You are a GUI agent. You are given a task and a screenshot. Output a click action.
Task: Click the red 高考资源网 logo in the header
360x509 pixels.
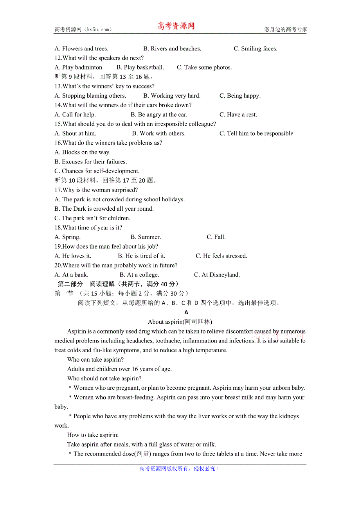(176, 26)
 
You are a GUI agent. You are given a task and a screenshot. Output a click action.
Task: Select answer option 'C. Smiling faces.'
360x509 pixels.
(256, 48)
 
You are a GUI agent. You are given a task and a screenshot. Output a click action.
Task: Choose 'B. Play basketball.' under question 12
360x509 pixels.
(140, 67)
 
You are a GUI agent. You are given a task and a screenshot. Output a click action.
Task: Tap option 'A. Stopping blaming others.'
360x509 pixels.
(90, 95)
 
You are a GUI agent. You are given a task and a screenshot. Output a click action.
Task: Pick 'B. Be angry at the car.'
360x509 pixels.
(159, 115)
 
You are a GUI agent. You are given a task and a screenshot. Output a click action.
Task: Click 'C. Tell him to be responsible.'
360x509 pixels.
(257, 133)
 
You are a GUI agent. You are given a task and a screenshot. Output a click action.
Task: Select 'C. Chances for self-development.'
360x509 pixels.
(97, 171)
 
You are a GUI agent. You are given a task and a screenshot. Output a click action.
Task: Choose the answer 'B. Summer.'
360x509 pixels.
(146, 237)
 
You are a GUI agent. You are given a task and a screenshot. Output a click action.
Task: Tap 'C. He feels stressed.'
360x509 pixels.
(221, 256)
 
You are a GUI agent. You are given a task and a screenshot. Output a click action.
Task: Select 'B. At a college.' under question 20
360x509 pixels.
(139, 274)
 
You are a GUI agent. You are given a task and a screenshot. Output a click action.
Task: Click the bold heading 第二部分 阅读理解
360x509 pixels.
(118, 284)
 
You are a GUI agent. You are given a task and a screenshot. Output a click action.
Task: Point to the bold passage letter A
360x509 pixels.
(186, 312)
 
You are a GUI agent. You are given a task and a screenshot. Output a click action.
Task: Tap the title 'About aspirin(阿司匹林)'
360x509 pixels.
(180, 322)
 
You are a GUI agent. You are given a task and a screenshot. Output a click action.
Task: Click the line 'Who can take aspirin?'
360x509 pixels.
(95, 359)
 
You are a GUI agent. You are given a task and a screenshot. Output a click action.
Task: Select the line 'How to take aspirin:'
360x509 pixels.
(93, 435)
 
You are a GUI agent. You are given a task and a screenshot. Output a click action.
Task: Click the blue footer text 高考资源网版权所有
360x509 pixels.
(179, 468)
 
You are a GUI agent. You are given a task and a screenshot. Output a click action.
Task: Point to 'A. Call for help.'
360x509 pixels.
(75, 115)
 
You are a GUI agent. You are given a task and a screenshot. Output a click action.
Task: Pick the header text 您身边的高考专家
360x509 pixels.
(286, 29)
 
